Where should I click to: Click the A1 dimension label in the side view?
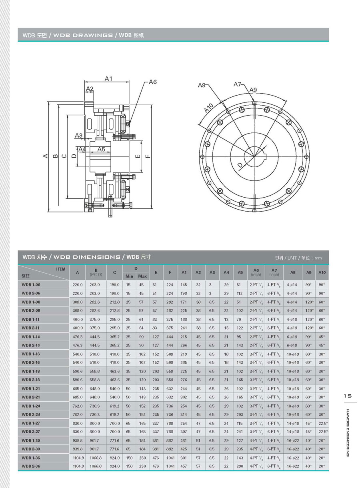click(x=108, y=79)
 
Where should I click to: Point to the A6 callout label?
click(x=152, y=82)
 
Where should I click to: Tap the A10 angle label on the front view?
click(x=208, y=108)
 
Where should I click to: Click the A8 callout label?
click(x=202, y=85)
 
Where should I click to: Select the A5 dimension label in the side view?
click(x=101, y=149)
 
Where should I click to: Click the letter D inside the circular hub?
click(x=240, y=165)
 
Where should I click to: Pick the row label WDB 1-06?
click(x=31, y=284)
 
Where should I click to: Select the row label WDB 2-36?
click(x=31, y=466)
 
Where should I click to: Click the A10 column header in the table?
click(x=322, y=272)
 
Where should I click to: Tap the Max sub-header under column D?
click(x=142, y=276)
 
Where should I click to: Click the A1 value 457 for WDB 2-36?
click(x=184, y=466)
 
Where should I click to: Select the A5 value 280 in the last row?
click(x=240, y=466)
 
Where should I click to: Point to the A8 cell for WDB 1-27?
click(x=293, y=423)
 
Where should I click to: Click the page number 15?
click(x=347, y=396)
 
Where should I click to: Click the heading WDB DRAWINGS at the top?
click(x=83, y=35)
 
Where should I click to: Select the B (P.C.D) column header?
click(x=96, y=272)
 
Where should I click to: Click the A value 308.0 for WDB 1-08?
click(x=77, y=302)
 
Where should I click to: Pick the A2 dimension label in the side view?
click(x=90, y=88)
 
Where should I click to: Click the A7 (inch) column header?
click(x=274, y=272)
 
